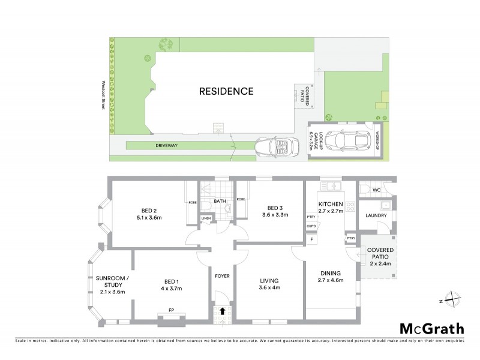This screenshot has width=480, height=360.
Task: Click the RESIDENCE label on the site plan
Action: pos(227,92)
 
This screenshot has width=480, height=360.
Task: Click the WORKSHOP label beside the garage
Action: pos(377,140)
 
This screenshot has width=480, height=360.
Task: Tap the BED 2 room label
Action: pos(149,211)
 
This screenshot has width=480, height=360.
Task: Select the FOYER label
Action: pos(223,276)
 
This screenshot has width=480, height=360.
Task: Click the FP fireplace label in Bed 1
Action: pos(171,310)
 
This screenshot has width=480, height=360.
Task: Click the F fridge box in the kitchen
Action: pos(311,240)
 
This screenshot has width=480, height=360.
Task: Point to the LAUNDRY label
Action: pos(376,216)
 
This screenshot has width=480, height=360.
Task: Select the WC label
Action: pos(377,190)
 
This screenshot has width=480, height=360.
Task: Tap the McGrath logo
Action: pos(431,328)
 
